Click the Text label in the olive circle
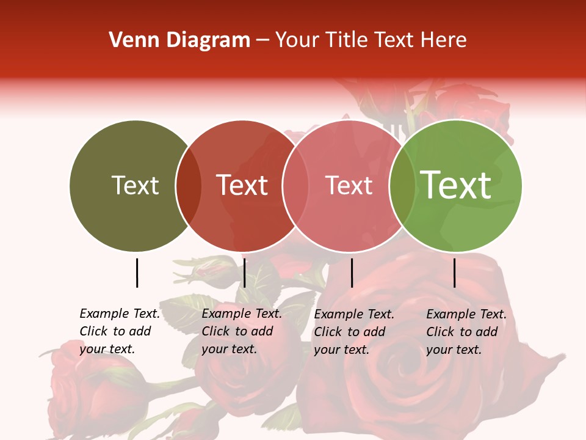135,185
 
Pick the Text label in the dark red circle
242,185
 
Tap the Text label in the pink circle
349,185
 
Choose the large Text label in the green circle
456,185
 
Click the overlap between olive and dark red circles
189,186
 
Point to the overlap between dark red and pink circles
295,186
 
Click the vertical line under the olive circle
137,273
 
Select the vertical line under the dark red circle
244,273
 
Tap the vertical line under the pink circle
352,273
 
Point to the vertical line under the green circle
454,273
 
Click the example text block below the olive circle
119,331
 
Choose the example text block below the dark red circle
241,331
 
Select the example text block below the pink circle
353,332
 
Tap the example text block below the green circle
466,332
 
